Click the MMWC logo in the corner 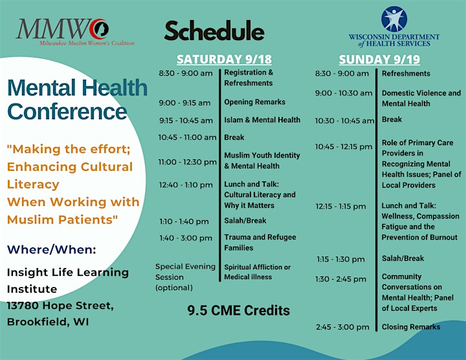coord(75,32)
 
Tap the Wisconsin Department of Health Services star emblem coord(394,19)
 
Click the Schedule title coord(214,30)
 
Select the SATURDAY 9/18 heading coord(224,59)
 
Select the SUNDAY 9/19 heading coord(379,60)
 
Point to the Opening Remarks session coord(255,102)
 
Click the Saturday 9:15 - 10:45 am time coord(186,120)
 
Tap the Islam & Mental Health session coord(262,120)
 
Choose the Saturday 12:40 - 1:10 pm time coord(186,185)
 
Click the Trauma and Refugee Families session coord(260,242)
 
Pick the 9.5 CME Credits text coord(238,310)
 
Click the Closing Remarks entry coord(411,327)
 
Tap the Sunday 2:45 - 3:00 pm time coord(342,327)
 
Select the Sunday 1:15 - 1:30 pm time coord(340,259)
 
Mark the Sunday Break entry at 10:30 coord(392,119)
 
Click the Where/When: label coord(52,249)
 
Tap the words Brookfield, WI coord(48,322)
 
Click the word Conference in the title coord(67,111)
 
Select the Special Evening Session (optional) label coord(186,277)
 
